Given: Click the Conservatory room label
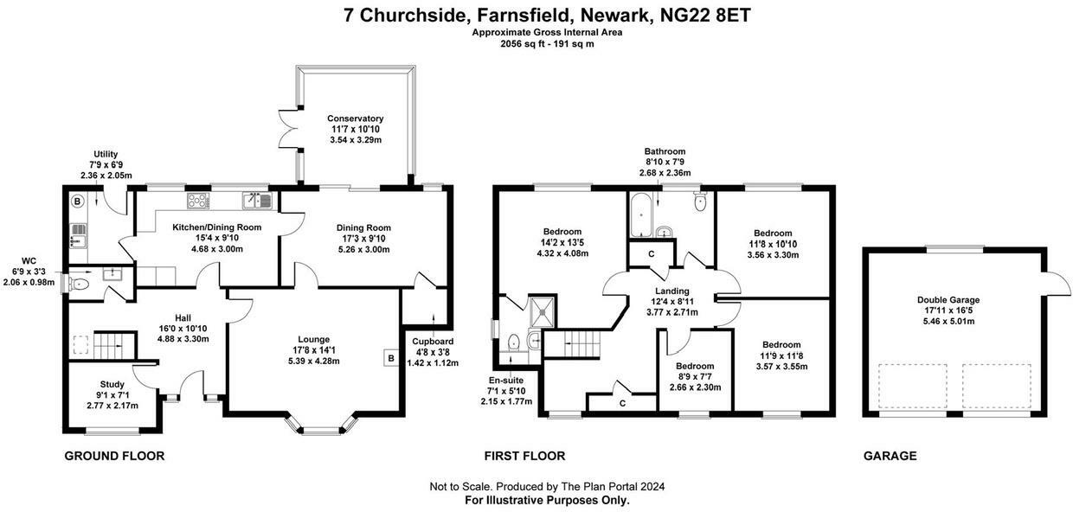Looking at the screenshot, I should click(355, 118).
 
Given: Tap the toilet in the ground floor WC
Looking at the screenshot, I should click(81, 282).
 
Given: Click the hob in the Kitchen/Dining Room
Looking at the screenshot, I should click(198, 201).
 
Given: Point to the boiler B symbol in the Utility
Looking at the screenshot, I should click(77, 202).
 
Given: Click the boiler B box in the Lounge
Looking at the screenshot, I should click(390, 356).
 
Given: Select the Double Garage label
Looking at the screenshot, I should click(948, 300).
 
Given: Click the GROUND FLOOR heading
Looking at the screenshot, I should click(114, 456).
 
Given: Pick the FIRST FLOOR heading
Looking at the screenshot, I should click(524, 456).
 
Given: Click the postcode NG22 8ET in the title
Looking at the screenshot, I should click(706, 15).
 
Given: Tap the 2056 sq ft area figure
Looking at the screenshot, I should click(517, 43).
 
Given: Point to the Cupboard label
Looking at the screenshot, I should click(433, 341).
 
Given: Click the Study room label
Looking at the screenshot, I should click(112, 384).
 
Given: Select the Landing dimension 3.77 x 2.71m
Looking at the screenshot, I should click(672, 312).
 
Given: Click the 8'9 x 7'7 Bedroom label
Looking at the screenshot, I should click(695, 376).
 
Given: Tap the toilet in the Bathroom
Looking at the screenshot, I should click(701, 202).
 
